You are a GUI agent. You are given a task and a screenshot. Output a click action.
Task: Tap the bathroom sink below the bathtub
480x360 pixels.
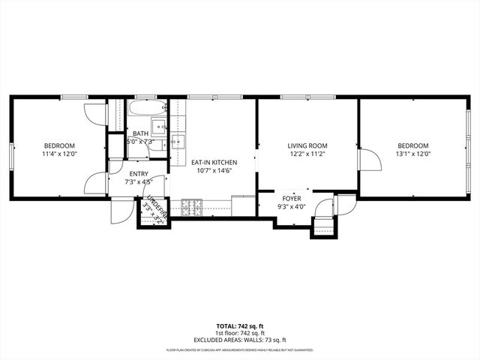coord(159,125)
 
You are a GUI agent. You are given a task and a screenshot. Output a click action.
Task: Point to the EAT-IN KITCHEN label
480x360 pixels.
coord(214,162)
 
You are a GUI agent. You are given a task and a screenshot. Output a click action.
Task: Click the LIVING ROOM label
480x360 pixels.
coord(307,145)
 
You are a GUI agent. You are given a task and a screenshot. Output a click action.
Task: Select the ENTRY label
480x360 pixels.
coord(139,173)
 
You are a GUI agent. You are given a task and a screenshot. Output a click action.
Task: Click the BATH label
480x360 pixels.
coord(140,133)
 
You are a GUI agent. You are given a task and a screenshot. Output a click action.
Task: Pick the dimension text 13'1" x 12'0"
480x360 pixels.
coord(412,154)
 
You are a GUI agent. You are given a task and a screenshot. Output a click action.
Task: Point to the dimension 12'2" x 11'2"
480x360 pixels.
coord(307,154)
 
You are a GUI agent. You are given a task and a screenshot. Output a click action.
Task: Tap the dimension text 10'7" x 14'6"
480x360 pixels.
coord(214,170)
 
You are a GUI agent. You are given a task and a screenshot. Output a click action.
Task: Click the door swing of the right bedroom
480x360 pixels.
coord(367,159)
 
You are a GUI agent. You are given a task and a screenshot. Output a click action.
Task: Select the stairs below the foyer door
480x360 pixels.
coord(322,225)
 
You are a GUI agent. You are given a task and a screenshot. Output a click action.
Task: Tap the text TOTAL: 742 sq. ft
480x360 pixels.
coord(240,325)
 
